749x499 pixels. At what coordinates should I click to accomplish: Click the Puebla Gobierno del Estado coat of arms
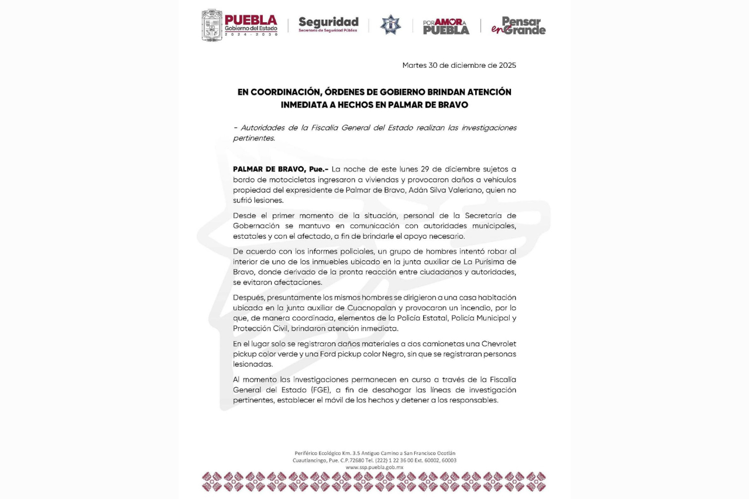[x=212, y=25]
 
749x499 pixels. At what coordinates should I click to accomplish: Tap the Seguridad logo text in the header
[x=328, y=23]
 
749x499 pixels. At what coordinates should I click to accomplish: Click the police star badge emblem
[x=390, y=25]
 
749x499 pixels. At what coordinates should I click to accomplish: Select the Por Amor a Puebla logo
[x=446, y=26]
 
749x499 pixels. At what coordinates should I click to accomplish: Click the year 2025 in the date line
[x=504, y=66]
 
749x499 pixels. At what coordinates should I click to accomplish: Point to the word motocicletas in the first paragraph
[x=276, y=180]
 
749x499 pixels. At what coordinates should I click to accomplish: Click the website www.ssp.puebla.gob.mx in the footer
[x=374, y=467]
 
